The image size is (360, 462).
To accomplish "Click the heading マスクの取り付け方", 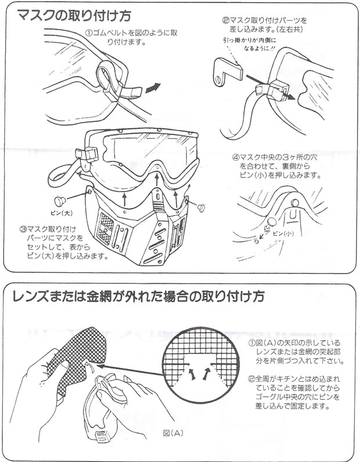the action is (74, 15).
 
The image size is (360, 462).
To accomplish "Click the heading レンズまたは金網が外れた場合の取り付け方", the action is (138, 296).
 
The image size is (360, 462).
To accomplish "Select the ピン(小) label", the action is (283, 234).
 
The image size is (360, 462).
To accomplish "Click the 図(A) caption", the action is (174, 433).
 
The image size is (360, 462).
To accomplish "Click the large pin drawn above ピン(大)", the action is (60, 201).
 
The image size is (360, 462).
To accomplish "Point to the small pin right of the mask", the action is (201, 207).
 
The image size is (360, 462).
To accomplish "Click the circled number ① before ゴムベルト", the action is (89, 33).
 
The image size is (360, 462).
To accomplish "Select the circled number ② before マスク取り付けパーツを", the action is (226, 21).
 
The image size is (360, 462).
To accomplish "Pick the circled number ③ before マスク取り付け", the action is (23, 229).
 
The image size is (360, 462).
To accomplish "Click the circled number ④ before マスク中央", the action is (236, 157).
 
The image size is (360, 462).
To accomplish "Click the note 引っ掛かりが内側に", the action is (250, 41).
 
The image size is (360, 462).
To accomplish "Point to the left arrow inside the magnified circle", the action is (192, 373).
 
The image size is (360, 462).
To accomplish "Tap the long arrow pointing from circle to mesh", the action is (130, 370).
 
